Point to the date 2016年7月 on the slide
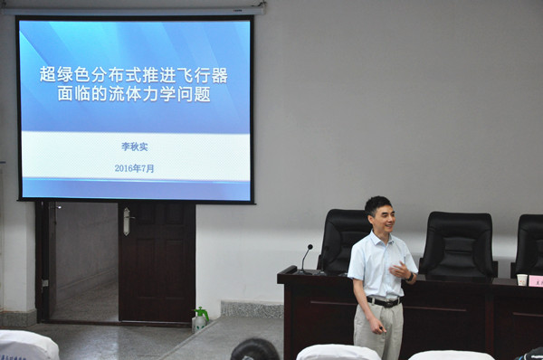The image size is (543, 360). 134,168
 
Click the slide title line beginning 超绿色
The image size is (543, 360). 133,75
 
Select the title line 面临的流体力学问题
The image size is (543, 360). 133,94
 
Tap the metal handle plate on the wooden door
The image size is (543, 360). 127,221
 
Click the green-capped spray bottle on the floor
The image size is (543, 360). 200,318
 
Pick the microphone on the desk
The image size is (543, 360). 305,258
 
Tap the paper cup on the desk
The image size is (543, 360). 522,279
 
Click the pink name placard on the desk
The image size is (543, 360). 536,280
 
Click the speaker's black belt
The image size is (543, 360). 383,301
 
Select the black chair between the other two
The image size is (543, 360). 457,242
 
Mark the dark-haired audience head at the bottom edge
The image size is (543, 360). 254,349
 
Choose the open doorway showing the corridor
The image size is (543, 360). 85,261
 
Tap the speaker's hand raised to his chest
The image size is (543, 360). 397,270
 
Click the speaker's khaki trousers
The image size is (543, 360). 379,331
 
